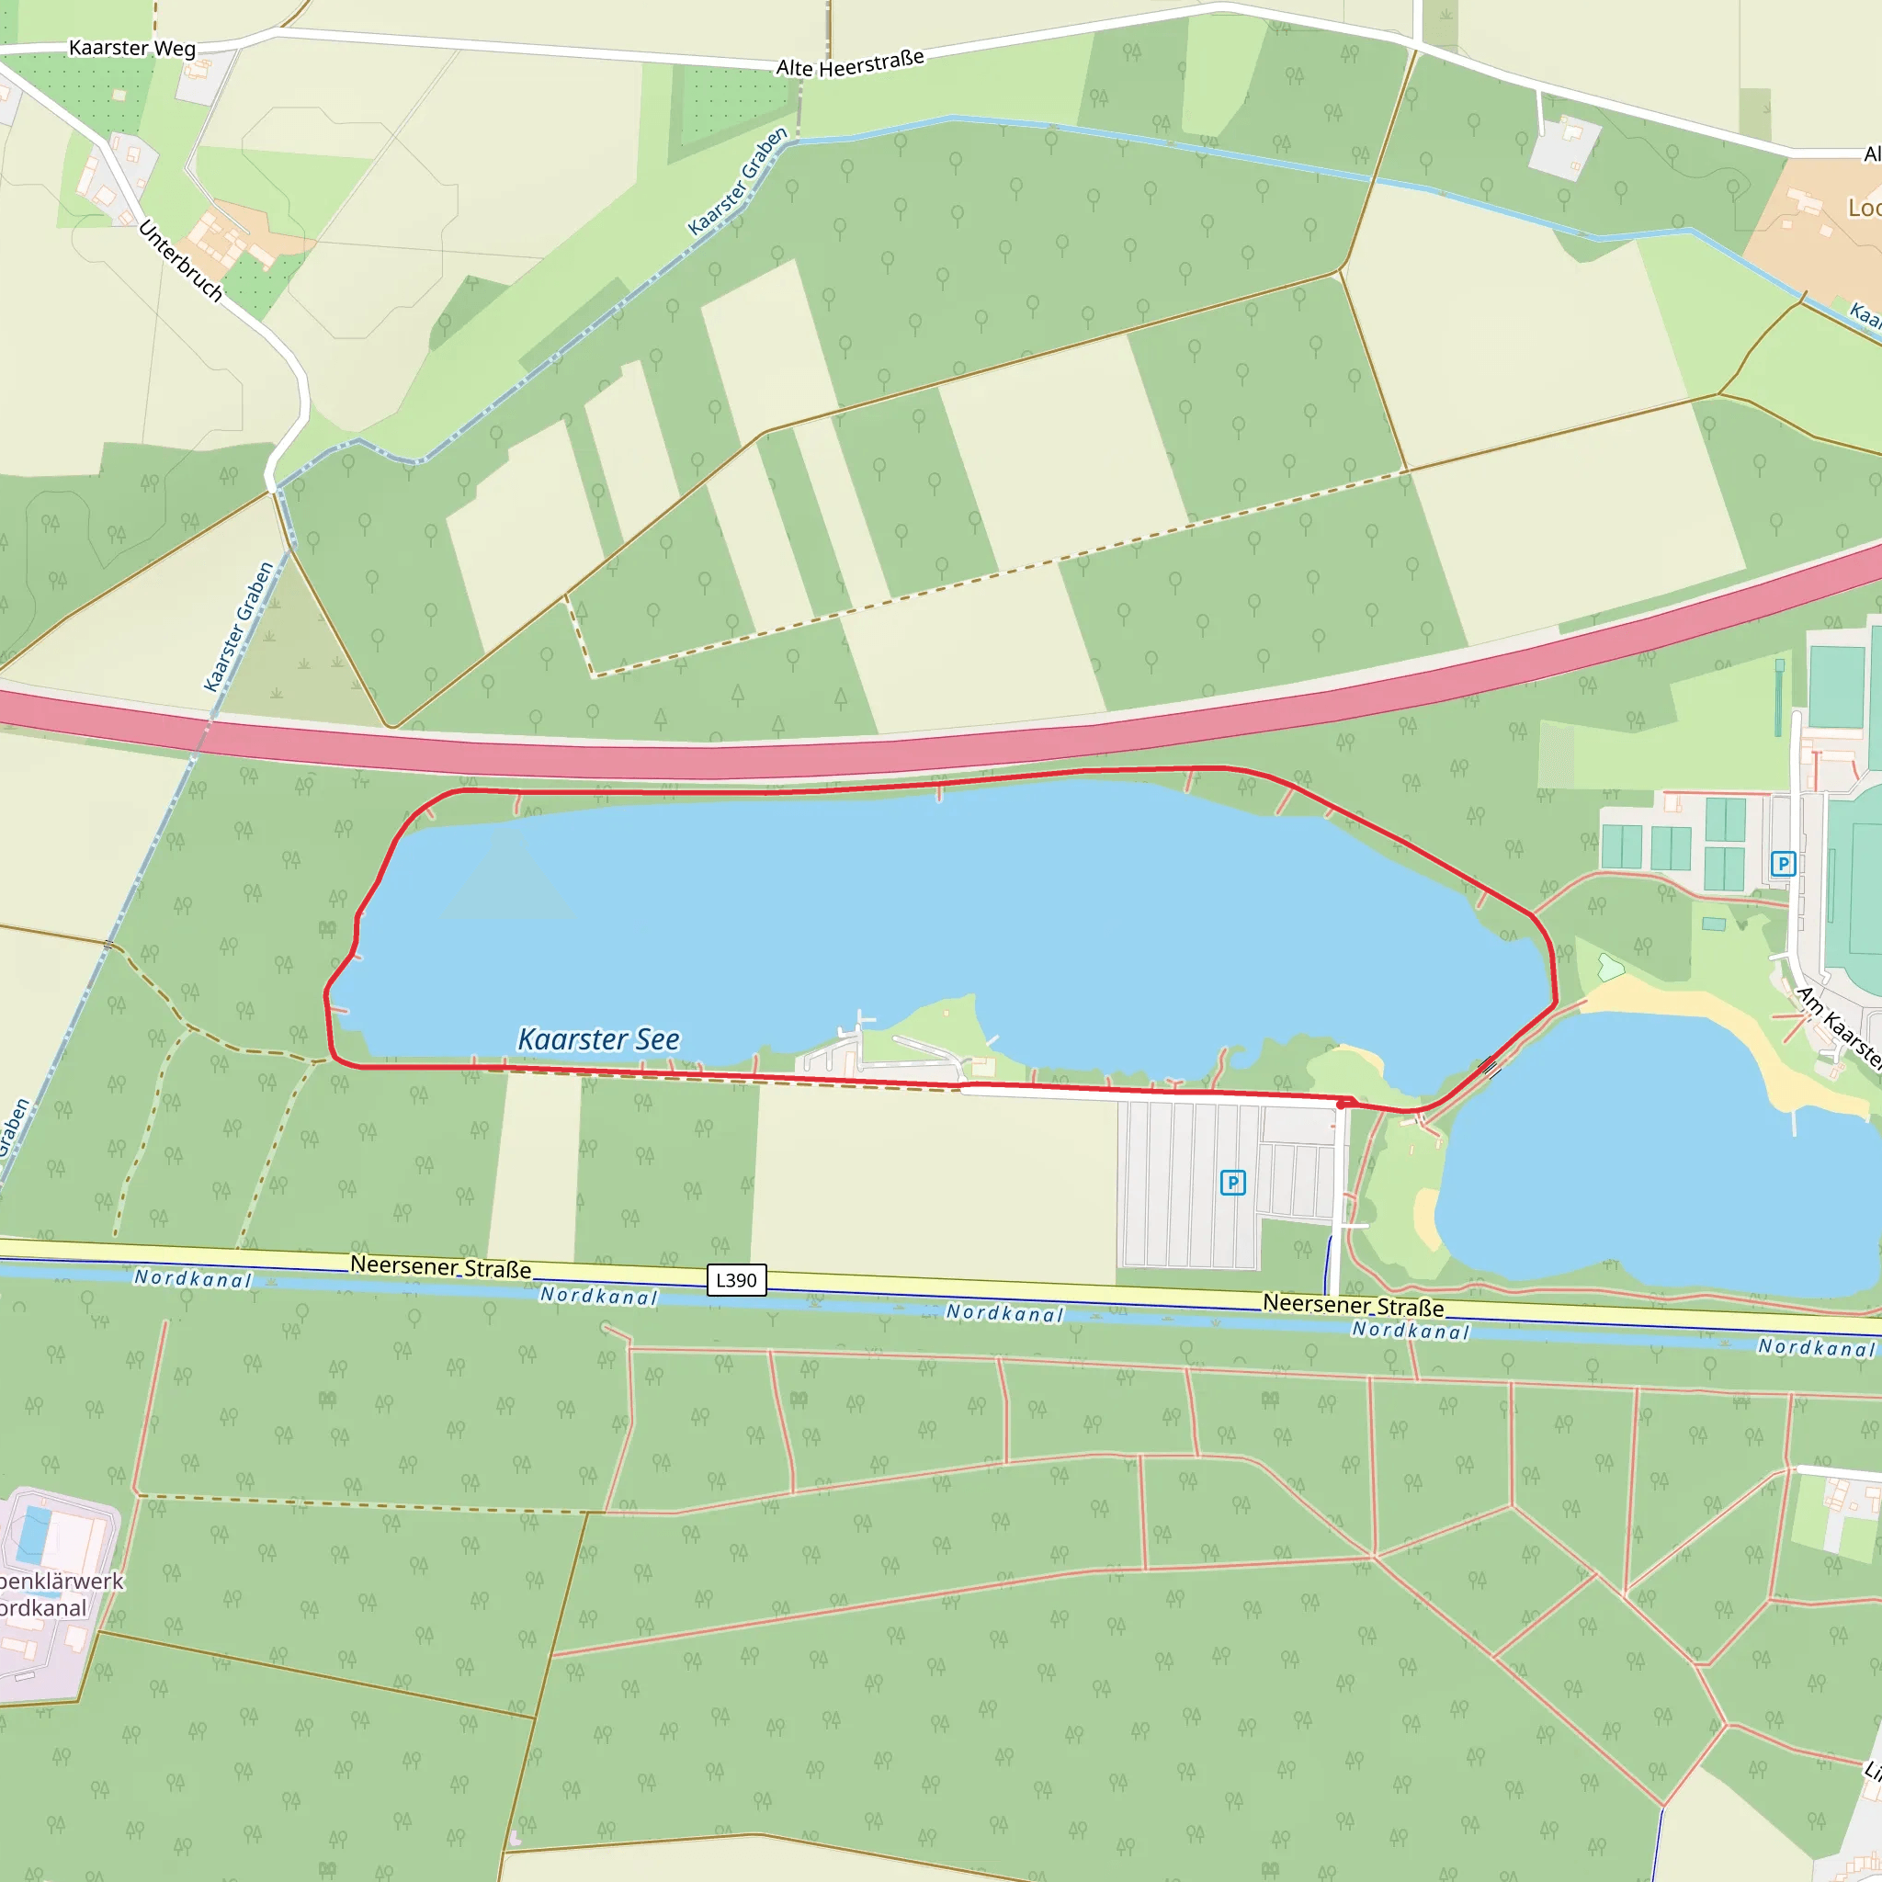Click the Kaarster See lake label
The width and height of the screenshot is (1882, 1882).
[598, 1039]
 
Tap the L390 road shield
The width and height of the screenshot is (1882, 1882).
[735, 1280]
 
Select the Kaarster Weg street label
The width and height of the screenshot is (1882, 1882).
[131, 48]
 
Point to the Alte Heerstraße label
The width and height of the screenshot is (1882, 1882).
[849, 63]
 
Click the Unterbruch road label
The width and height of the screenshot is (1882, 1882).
[180, 260]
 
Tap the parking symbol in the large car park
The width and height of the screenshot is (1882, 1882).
[1232, 1183]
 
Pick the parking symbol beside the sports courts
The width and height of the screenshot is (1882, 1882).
[1783, 864]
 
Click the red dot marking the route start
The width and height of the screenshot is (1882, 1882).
[1342, 1105]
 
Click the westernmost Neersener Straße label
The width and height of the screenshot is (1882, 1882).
[440, 1266]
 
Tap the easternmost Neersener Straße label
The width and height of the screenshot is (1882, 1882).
[1353, 1304]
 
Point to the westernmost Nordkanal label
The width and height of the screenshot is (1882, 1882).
[193, 1279]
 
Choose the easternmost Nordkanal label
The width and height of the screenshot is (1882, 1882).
[1816, 1347]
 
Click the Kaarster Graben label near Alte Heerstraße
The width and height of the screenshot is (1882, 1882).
[737, 181]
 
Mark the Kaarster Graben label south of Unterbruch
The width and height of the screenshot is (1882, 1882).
[239, 627]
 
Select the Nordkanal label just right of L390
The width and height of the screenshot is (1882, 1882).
[599, 1296]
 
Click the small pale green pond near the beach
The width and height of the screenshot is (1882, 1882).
[1610, 969]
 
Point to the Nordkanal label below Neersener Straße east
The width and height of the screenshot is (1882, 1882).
[1410, 1331]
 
